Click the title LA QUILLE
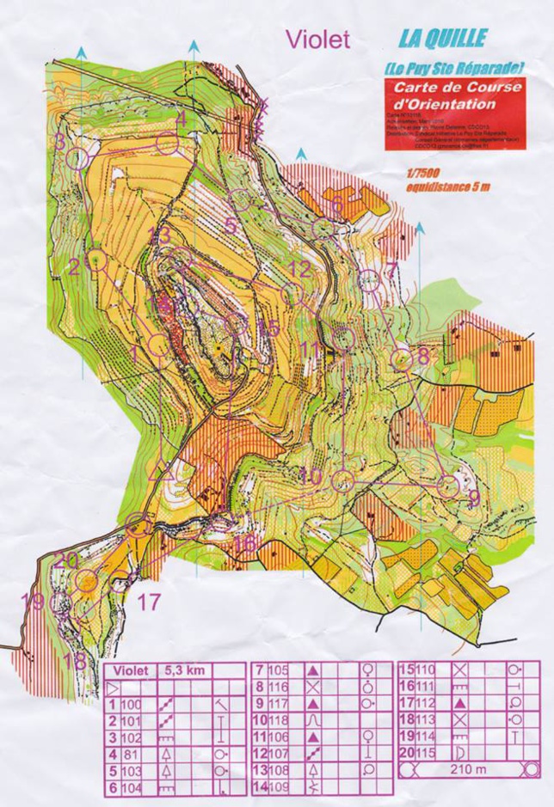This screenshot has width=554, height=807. [x=442, y=39]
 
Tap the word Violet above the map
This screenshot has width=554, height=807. [x=318, y=39]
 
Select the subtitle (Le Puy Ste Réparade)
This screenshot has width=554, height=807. [x=453, y=67]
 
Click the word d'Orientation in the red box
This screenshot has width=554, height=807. [x=444, y=104]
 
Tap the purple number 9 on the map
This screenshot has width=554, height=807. [x=473, y=495]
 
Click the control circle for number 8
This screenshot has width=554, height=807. [x=402, y=359]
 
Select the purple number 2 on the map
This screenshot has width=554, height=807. [x=75, y=266]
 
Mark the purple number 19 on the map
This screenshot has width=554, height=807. [x=33, y=601]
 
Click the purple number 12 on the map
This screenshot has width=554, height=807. [x=299, y=269]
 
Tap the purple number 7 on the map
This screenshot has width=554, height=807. [x=391, y=270]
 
